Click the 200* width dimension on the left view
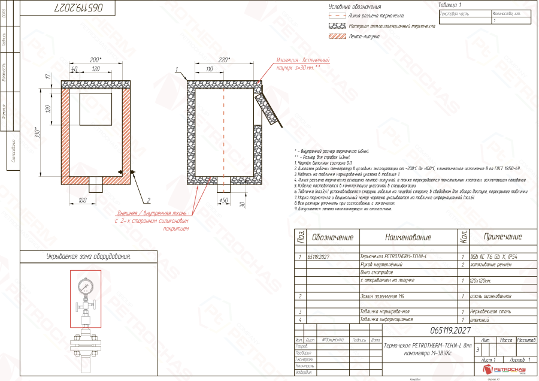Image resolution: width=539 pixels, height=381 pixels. pos(95,60)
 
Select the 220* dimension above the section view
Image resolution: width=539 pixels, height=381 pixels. pos(224,60)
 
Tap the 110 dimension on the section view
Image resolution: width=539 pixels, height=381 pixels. pos(210,70)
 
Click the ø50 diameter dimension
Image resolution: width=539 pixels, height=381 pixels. pos(225,199)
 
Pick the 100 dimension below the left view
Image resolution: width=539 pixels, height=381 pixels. pos(83,200)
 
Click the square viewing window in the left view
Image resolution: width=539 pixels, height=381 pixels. pos(95,105)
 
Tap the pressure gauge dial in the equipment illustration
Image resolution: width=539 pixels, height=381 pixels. pos(85,286)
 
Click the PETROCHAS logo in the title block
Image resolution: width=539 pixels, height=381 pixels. pos(507,371)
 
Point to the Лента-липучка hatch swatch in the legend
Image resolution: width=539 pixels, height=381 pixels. pos(338,37)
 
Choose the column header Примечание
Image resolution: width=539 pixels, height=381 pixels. pos(502,237)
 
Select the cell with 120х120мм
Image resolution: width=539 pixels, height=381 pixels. pos(480,280)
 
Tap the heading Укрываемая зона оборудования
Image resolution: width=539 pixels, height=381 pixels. pos(88,256)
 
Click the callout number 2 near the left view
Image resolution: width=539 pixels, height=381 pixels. pos(147,200)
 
